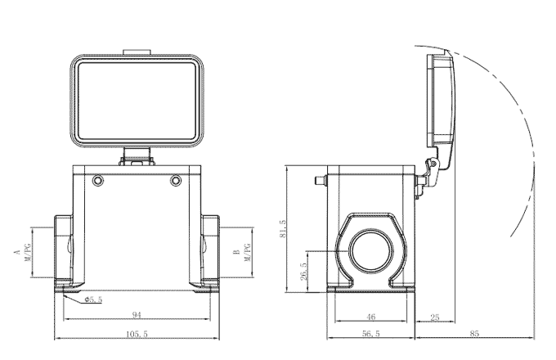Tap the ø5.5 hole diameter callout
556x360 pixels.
point(93,299)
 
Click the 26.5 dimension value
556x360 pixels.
point(304,270)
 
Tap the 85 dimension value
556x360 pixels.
point(475,334)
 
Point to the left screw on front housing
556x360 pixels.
point(99,180)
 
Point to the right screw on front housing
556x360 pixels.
point(175,180)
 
